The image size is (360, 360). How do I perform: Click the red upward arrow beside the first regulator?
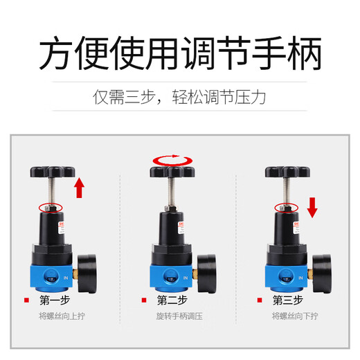(80, 188)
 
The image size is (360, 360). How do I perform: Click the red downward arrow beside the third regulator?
(312, 206)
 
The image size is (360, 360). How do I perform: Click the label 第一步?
(55, 300)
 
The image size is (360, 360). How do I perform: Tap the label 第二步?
(172, 300)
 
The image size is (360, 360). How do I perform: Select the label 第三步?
(288, 300)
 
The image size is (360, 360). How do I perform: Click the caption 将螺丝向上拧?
(60, 316)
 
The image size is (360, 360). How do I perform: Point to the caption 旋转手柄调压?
(177, 316)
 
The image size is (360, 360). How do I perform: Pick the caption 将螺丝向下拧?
(292, 316)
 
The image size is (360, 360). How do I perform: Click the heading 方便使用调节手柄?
(180, 54)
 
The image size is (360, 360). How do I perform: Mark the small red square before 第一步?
(26, 300)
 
